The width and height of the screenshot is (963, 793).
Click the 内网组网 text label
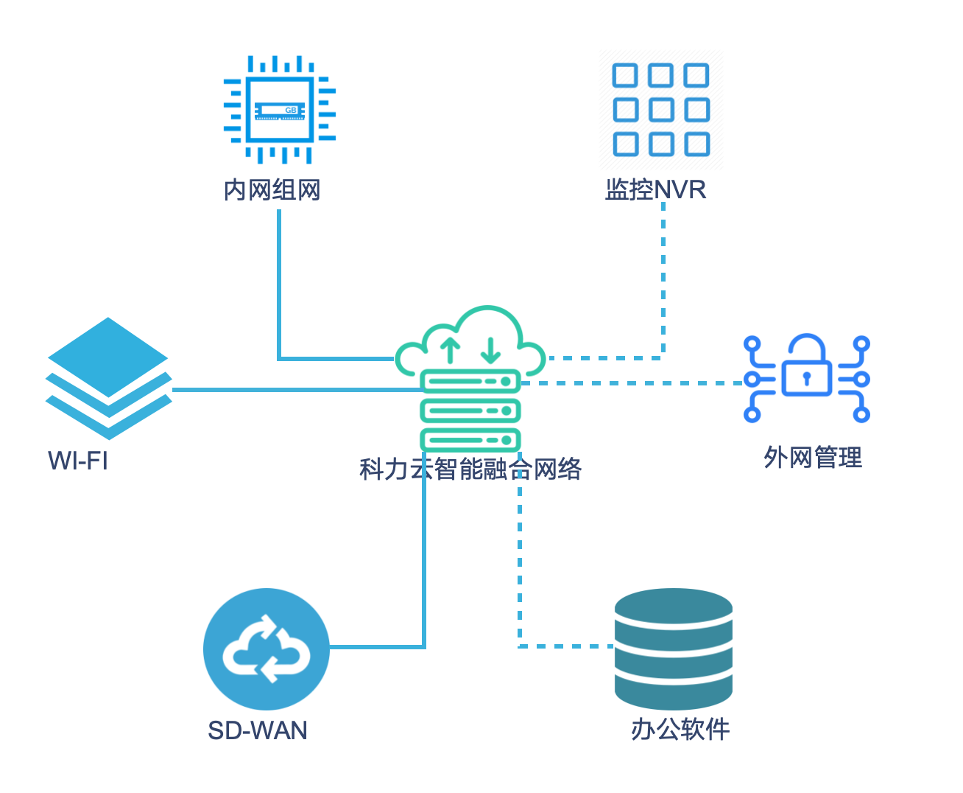tap(272, 190)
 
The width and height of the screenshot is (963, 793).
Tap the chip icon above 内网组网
tap(280, 110)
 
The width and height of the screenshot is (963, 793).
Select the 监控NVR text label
tap(655, 190)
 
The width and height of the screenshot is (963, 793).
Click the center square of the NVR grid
tap(661, 110)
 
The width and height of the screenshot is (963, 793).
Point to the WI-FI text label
tap(78, 461)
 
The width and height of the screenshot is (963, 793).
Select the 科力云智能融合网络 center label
tap(470, 469)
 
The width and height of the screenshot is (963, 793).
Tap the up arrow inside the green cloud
tap(450, 351)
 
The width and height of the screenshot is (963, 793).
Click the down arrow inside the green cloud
tap(490, 351)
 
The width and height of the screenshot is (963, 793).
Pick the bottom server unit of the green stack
tap(470, 440)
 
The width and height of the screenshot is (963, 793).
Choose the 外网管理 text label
tap(813, 458)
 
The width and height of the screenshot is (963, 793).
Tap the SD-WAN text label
tap(258, 730)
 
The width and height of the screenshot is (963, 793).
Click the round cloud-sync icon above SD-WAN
tap(267, 649)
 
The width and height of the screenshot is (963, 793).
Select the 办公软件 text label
tap(680, 730)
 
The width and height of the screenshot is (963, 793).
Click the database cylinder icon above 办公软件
tap(674, 649)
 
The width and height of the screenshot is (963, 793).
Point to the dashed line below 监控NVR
tap(663, 280)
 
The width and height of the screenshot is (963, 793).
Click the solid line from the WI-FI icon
tap(294, 389)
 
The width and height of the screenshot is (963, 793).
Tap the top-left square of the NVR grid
tap(626, 75)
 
